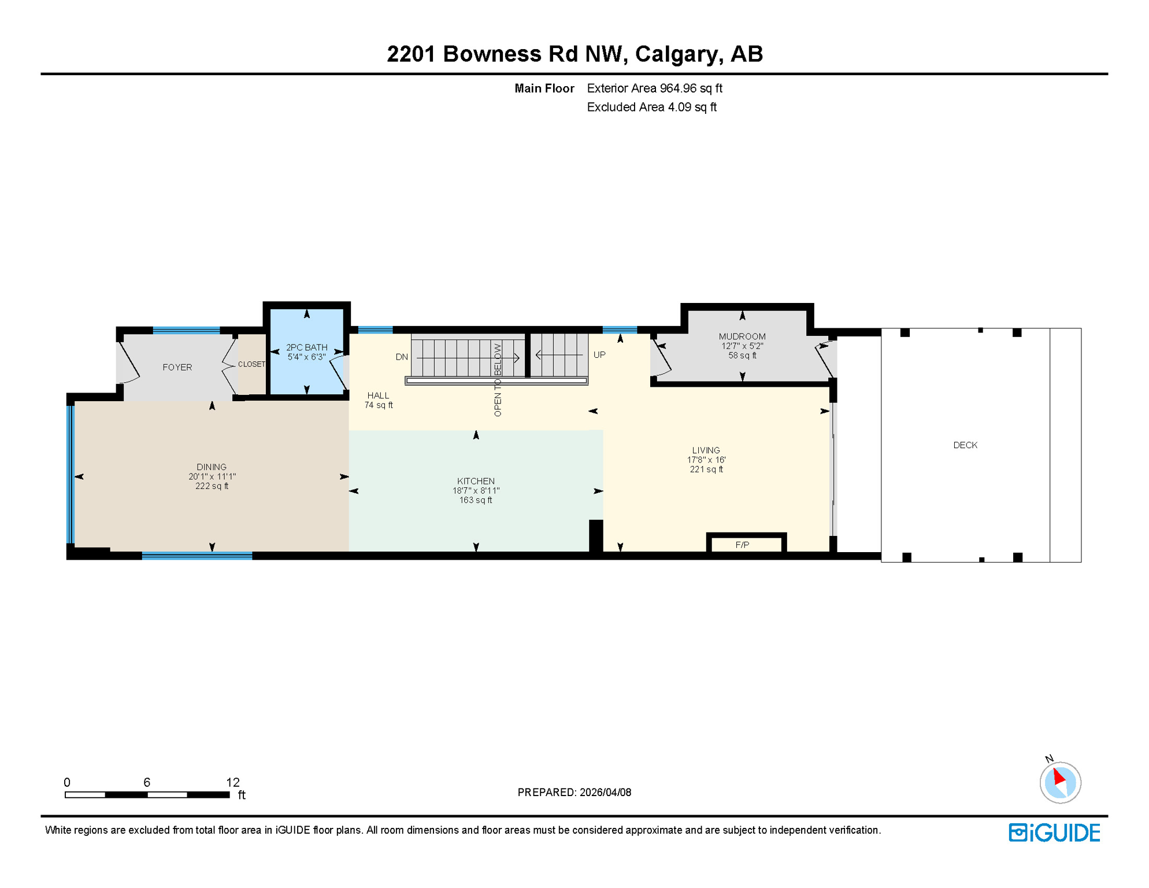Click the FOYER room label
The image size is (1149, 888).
tap(177, 367)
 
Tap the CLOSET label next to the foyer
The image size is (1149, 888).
tap(251, 364)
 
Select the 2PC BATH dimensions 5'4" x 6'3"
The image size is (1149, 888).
tap(306, 357)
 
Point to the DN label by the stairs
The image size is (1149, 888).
tap(402, 357)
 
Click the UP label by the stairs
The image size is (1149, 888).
tap(599, 355)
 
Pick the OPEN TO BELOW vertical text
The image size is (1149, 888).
tap(498, 380)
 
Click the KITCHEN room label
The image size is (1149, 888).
tap(476, 481)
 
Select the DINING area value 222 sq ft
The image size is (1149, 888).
tap(212, 486)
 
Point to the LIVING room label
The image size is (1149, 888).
tap(706, 450)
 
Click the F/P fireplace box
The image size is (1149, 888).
tap(742, 545)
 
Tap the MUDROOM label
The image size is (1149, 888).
tap(742, 336)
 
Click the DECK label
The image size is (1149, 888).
tap(965, 445)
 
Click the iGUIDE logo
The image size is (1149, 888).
tap(1054, 833)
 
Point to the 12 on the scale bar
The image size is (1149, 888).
tap(232, 782)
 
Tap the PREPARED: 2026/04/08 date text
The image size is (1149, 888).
tap(574, 793)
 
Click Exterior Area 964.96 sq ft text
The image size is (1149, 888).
tap(654, 88)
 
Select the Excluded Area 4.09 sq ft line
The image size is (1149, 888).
tap(651, 108)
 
